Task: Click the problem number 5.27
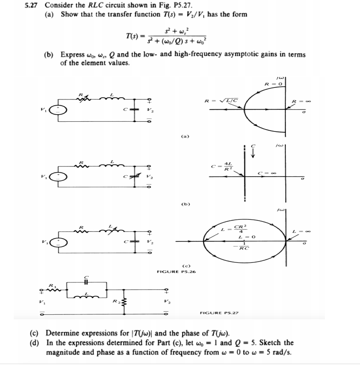(x=33, y=6)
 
